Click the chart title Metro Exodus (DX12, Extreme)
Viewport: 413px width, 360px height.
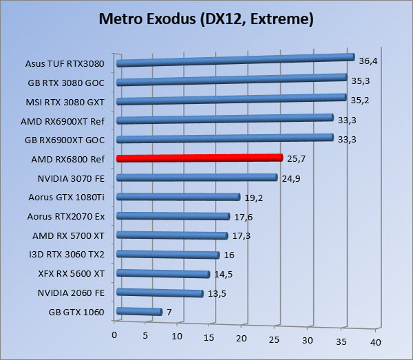click(x=206, y=19)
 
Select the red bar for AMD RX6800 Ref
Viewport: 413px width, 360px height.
click(x=200, y=158)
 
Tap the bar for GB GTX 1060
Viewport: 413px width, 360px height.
click(x=140, y=312)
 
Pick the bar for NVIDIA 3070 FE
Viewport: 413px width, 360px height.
click(x=197, y=178)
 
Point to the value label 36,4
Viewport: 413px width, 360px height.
click(x=368, y=61)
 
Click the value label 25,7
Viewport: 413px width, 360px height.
click(x=296, y=158)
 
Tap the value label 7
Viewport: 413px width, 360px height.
click(x=169, y=312)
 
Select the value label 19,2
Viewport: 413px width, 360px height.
click(x=254, y=198)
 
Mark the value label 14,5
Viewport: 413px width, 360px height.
click(x=224, y=274)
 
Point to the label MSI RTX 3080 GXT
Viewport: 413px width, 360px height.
click(x=67, y=102)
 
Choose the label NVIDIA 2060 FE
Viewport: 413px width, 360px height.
click(x=71, y=293)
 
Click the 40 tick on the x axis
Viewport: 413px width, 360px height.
click(x=376, y=341)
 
